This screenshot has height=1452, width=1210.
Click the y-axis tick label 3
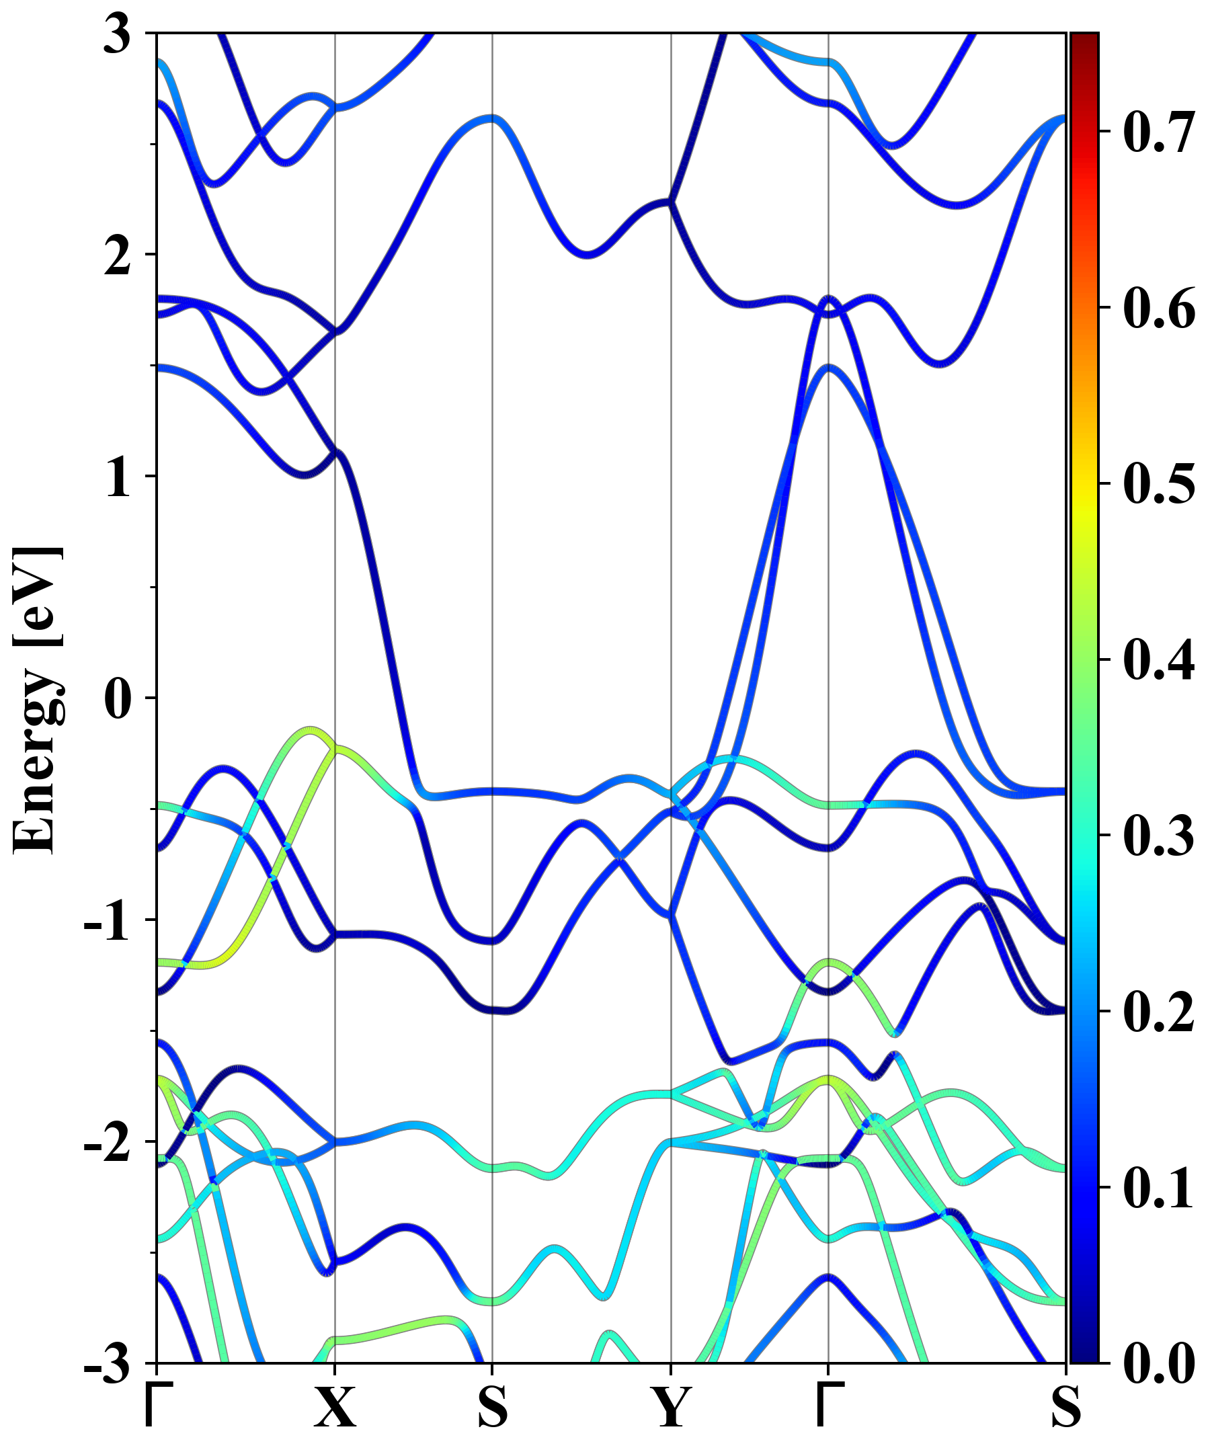coord(118,34)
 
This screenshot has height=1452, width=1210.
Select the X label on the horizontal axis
coord(335,1407)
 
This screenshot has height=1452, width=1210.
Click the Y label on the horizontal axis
coord(671,1407)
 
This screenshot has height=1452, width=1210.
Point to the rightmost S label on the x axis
coord(1065,1407)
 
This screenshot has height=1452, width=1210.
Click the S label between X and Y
coord(492,1407)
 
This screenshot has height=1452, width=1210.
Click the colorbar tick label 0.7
coord(1159,131)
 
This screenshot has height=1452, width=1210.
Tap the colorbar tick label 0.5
coord(1159,483)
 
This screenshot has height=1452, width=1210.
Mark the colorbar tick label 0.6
coord(1159,308)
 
